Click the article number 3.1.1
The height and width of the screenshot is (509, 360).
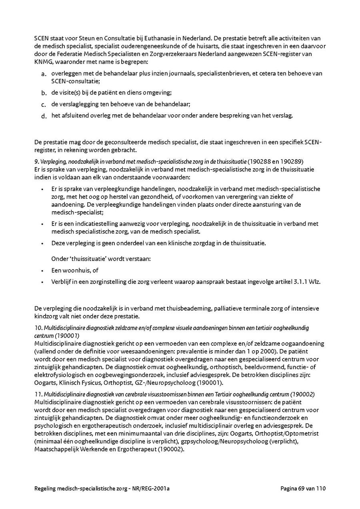pyautogui.click(x=302, y=281)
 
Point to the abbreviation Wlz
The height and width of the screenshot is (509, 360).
pyautogui.click(x=316, y=281)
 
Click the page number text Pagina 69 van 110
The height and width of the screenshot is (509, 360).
pyautogui.click(x=303, y=488)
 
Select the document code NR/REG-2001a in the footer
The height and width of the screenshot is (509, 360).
pyautogui.click(x=153, y=488)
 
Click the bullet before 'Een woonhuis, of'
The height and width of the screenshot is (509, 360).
pyautogui.click(x=42, y=271)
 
